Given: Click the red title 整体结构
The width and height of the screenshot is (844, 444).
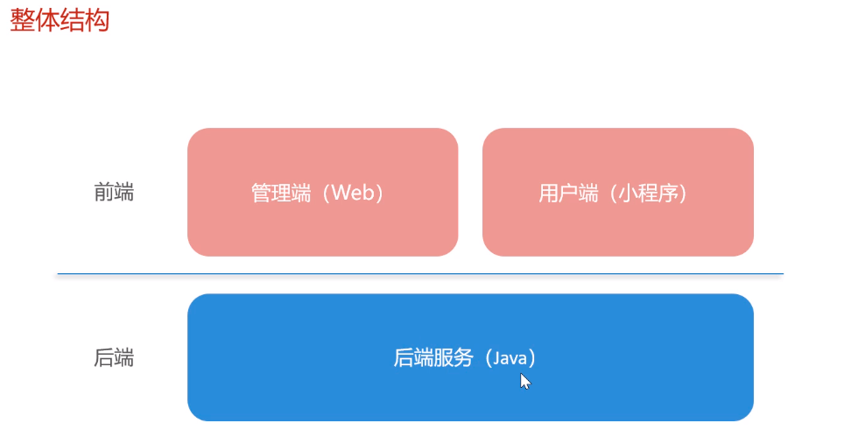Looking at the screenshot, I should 60,20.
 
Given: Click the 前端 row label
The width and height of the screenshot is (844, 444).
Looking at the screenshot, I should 114,193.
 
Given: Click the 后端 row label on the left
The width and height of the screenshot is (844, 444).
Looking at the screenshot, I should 114,357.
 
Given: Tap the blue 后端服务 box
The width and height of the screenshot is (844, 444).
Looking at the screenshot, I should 470,394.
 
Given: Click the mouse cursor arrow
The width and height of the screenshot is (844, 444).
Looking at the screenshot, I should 524,381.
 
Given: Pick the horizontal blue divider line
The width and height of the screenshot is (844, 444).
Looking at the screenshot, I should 420,274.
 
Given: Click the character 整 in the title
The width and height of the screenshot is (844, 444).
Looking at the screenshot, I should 22,20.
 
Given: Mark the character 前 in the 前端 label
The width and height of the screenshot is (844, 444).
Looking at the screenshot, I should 103,193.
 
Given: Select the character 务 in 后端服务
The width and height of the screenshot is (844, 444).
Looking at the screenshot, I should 463,358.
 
